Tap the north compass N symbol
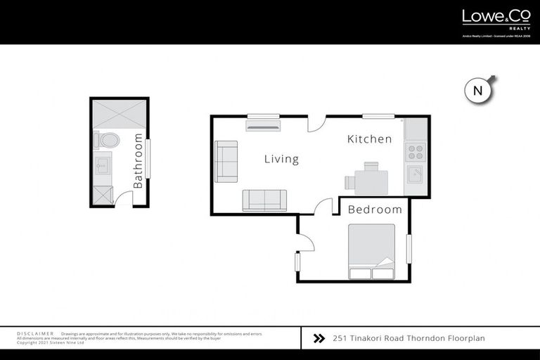pyautogui.click(x=477, y=90)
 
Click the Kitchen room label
pyautogui.click(x=370, y=139)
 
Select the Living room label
pyautogui.click(x=281, y=160)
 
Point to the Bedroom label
pyautogui.click(x=375, y=210)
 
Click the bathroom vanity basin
pyautogui.click(x=103, y=167)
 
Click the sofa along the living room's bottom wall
pyautogui.click(x=264, y=200)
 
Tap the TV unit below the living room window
pyautogui.click(x=262, y=125)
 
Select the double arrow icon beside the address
pyautogui.click(x=319, y=338)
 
